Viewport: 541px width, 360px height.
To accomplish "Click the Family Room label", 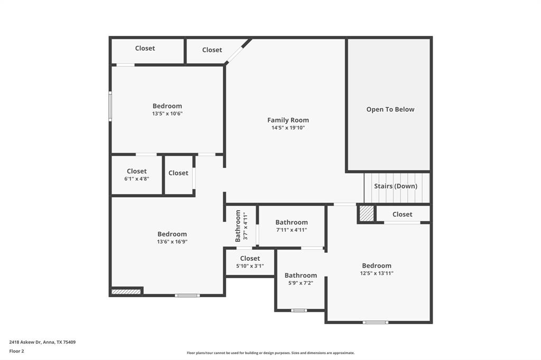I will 288,120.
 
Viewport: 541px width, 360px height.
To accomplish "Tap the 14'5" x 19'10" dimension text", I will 288,128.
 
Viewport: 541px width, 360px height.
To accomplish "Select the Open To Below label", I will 390,109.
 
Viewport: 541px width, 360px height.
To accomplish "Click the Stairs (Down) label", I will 396,186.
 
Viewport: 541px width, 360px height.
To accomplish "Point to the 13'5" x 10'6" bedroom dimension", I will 167,113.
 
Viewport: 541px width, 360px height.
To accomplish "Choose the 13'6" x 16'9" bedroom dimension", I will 172,242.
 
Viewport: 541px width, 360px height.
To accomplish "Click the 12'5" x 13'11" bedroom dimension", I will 377,273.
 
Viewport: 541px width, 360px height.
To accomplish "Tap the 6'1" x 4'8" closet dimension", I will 136,179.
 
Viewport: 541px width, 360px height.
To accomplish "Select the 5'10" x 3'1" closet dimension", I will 250,266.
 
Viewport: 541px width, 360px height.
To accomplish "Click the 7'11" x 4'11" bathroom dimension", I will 291,230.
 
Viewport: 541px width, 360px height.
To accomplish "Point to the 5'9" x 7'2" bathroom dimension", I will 301,283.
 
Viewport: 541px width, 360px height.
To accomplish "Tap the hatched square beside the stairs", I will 366,213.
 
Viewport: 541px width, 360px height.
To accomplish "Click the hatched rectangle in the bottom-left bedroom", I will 126,291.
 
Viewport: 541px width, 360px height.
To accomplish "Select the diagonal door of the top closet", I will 238,51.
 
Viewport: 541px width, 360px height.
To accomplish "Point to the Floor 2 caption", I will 16,351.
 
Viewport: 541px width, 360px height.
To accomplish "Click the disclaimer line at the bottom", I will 270,353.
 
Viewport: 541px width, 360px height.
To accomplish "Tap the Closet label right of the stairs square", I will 402,214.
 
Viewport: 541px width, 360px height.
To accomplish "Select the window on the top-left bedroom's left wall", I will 110,106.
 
